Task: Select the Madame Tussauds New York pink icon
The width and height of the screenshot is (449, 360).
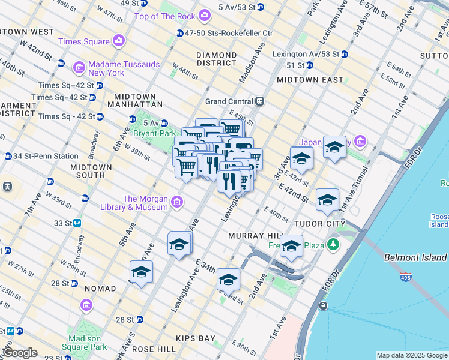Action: coord(79,65)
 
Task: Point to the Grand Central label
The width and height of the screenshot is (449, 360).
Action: coord(231,101)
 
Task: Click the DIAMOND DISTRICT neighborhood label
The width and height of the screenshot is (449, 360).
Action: coord(216,59)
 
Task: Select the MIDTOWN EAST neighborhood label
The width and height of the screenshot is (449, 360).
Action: coord(310,80)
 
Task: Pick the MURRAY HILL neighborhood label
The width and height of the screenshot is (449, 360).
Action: coord(251,236)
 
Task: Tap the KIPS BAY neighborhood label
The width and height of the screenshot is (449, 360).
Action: coord(197,338)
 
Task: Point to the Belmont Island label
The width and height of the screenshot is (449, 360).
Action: coord(415,257)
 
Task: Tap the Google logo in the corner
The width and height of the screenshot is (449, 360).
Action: coord(20,353)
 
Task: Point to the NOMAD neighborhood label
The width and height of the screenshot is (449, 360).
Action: coord(100,289)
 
